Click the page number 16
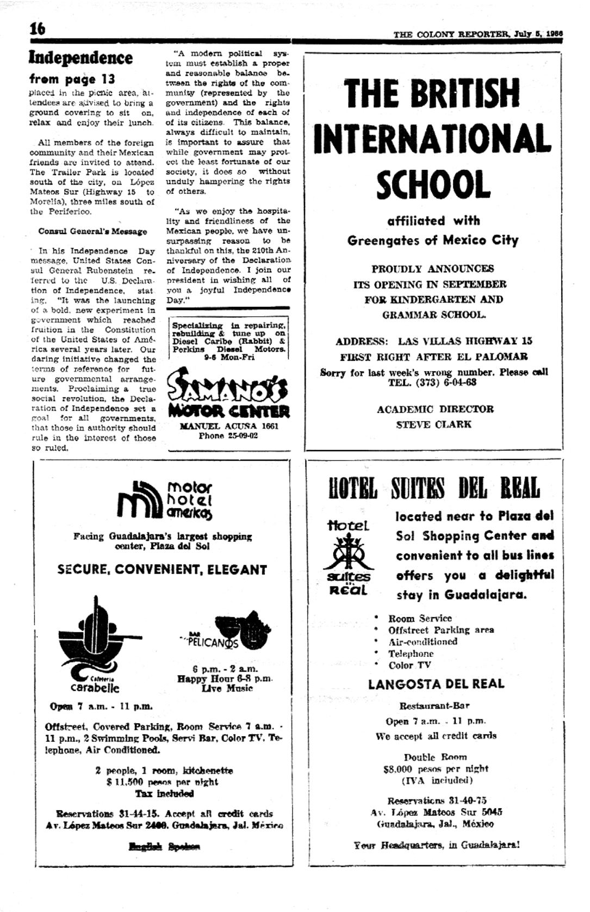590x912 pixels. click(x=38, y=29)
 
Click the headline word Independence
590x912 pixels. click(x=80, y=58)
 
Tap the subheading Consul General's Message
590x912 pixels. click(x=92, y=231)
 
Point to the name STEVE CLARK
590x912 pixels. click(x=434, y=424)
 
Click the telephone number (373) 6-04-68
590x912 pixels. click(x=432, y=382)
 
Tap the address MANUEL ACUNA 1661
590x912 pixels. click(x=228, y=426)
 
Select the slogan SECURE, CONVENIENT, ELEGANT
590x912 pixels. click(x=162, y=570)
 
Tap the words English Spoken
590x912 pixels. click(x=164, y=847)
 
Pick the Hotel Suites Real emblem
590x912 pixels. click(x=347, y=557)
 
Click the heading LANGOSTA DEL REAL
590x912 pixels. click(x=436, y=684)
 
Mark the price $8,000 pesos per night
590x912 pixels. click(x=436, y=768)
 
